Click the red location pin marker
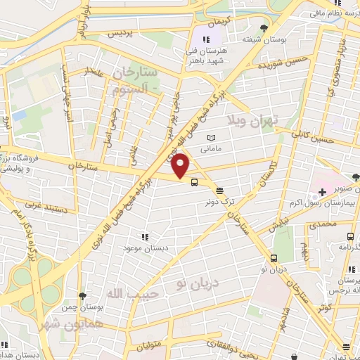(181, 166)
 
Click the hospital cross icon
(322, 192)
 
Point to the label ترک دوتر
(219, 201)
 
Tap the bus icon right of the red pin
(193, 182)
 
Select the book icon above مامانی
(212, 138)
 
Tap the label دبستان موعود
(144, 248)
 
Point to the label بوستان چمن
(83, 307)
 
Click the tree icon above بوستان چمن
(83, 296)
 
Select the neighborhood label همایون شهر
(78, 323)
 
